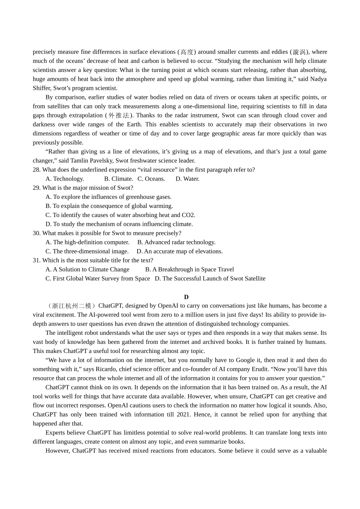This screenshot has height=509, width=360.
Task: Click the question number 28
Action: (36, 170)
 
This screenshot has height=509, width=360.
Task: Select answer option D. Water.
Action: (187, 179)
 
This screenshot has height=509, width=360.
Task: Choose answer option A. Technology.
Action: (65, 179)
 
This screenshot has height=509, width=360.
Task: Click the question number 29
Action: (36, 188)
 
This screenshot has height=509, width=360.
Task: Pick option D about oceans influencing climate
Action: (119, 224)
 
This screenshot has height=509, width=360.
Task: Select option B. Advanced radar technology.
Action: (176, 242)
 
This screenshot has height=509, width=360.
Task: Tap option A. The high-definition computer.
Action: (87, 242)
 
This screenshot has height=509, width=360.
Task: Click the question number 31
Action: (36, 261)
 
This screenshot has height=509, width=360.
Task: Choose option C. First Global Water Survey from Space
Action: (97, 279)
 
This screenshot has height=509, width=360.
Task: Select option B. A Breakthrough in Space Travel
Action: (189, 270)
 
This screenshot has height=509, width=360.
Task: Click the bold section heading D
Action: (186, 297)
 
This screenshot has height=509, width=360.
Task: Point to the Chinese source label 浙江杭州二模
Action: (72, 306)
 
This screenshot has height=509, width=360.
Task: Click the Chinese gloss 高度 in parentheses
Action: (187, 52)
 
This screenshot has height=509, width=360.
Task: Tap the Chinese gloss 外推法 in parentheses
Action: (119, 116)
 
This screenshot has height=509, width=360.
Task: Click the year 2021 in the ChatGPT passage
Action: (183, 415)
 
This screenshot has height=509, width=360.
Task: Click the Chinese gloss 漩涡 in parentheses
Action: (299, 52)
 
